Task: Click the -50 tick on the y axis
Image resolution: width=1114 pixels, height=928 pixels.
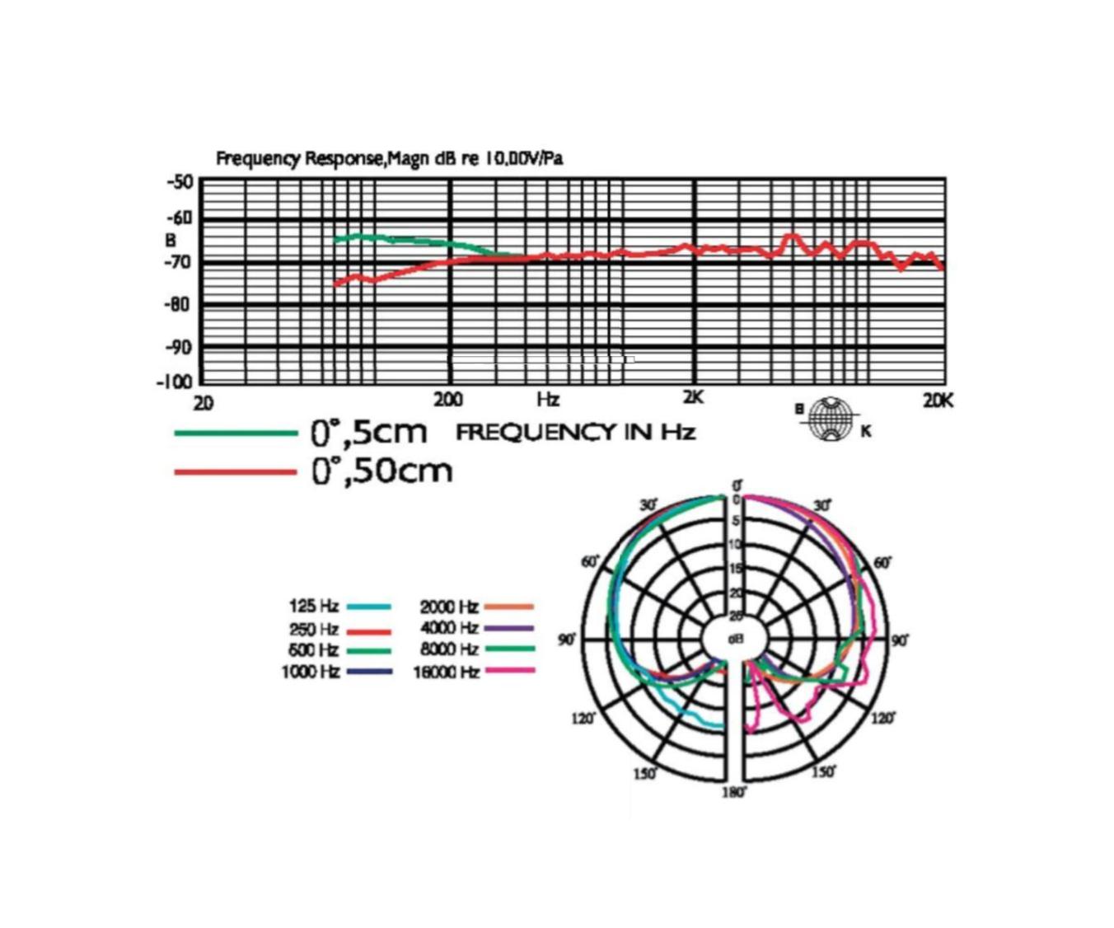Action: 180,181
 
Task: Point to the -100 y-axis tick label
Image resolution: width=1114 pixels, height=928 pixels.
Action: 174,382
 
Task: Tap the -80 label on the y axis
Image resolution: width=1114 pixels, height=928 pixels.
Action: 178,304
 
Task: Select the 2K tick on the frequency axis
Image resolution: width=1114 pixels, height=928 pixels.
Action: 694,397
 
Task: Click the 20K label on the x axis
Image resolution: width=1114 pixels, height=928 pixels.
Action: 938,401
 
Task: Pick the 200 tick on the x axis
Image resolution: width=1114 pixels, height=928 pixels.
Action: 448,400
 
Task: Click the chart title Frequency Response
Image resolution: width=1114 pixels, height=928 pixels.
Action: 389,158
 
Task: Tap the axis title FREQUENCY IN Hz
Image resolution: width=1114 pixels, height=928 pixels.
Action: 575,432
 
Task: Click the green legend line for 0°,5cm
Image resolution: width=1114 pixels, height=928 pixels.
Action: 236,433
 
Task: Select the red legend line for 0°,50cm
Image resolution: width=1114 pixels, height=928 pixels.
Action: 236,472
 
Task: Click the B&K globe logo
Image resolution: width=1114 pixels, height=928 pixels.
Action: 831,419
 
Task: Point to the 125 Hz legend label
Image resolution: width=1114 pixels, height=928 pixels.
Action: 313,607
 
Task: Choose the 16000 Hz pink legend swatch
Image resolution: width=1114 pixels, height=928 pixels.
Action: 510,671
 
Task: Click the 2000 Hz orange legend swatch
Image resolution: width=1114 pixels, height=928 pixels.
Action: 508,607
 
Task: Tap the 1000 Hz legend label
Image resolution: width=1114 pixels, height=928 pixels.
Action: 310,672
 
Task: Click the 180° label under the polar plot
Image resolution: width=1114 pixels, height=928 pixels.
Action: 734,793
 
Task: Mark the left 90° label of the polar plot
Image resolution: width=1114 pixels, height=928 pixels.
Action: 567,640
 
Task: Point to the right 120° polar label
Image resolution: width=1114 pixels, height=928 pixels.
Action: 882,719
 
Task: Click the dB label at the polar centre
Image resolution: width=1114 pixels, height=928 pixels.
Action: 735,639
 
